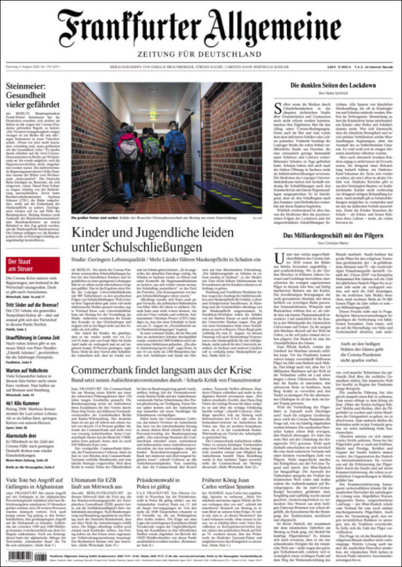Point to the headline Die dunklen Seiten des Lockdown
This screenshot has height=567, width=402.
(333, 86)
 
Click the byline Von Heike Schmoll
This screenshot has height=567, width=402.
(333, 94)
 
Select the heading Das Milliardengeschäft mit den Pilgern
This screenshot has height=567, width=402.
(333, 236)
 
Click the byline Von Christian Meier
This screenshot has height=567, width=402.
(333, 245)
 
